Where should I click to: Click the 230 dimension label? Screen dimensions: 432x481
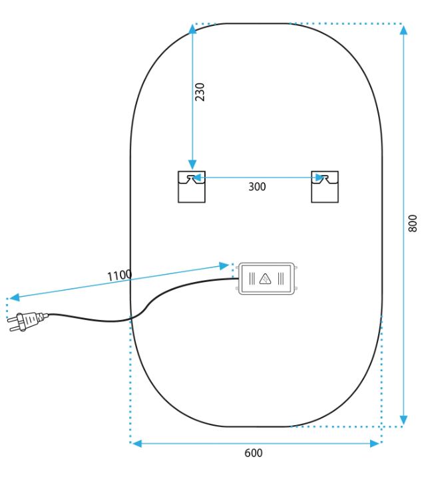200,92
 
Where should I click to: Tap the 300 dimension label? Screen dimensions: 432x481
257,186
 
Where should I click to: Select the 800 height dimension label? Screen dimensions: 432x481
413,224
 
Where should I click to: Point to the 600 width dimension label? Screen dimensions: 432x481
254,453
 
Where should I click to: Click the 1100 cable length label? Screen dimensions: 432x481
120,275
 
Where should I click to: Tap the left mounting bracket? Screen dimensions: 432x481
192,187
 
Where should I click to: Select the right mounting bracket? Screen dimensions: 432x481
325,187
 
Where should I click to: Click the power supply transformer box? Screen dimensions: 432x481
267,279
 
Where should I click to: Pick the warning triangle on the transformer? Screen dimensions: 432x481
265,279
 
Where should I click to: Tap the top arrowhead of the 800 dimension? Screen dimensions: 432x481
404,30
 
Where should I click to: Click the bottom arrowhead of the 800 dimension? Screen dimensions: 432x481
404,420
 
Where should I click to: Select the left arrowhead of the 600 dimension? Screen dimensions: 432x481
137,444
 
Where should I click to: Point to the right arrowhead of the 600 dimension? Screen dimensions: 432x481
375,444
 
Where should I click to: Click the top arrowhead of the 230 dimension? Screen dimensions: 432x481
192,29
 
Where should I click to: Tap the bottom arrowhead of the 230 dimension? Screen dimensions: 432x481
192,164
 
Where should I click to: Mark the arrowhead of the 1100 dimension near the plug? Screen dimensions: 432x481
15,297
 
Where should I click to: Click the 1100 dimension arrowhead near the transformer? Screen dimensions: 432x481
224,265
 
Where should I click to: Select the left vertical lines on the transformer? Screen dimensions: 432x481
252,279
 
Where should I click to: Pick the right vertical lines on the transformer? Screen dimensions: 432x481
280,279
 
